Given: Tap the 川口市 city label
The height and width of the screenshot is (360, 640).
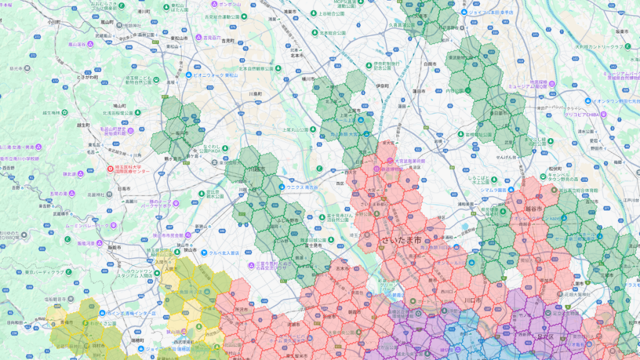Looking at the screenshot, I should click(x=471, y=300).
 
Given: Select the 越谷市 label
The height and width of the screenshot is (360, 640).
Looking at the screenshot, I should click(x=534, y=209).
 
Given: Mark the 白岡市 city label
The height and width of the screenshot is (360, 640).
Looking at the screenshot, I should click(x=429, y=64).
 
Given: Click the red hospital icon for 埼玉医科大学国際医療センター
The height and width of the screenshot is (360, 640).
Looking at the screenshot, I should click(x=111, y=168).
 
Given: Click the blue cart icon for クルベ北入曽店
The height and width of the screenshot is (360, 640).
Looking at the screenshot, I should click(x=205, y=252).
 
